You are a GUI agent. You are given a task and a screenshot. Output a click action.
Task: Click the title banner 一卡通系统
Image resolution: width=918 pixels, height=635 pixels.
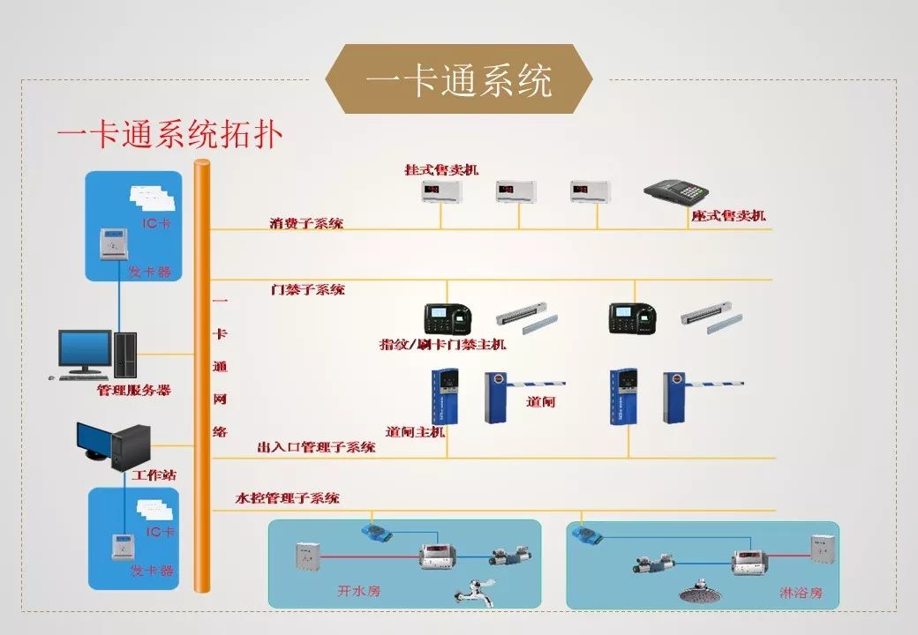click(x=458, y=81)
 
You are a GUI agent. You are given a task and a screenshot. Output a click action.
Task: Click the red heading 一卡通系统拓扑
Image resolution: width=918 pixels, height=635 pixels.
click(x=169, y=136)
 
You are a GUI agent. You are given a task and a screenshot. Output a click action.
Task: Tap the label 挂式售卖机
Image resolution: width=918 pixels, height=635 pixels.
click(x=441, y=169)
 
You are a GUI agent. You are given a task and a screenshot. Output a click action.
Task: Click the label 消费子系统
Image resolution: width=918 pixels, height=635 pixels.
click(x=306, y=224)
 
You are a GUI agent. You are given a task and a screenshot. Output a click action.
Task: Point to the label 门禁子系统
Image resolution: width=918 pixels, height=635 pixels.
click(x=308, y=289)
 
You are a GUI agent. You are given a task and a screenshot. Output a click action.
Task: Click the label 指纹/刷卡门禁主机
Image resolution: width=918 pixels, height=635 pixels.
click(x=442, y=344)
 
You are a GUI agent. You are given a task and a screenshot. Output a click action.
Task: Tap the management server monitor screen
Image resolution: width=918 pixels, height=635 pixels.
click(x=85, y=348)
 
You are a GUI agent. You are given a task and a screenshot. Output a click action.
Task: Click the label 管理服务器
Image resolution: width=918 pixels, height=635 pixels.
click(x=133, y=390)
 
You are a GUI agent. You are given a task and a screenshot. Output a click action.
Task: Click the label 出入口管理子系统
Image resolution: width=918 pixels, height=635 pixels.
click(x=316, y=447)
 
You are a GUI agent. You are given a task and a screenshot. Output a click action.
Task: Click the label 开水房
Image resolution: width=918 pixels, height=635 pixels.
click(x=359, y=591)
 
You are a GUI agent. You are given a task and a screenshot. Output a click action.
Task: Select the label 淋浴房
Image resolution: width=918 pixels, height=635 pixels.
click(x=801, y=593)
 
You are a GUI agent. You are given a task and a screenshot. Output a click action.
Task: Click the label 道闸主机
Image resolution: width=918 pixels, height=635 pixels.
click(x=415, y=432)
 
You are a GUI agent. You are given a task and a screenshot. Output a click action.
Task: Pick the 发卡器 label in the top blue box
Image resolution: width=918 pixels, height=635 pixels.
click(x=151, y=273)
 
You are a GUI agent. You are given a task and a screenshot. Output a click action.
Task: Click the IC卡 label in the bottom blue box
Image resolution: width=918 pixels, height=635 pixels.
click(x=160, y=532)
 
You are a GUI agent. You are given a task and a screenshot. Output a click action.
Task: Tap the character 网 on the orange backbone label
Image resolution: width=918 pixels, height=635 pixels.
click(x=220, y=399)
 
